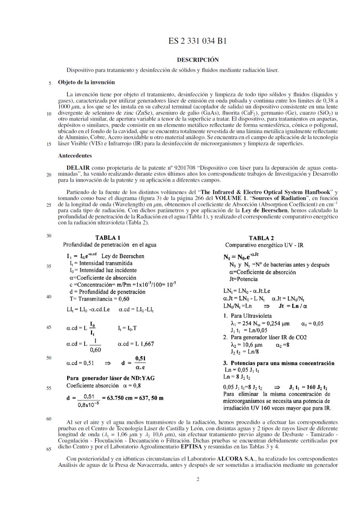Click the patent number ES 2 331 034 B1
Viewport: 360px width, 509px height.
[197, 41]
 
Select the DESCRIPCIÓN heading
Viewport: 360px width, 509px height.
[197, 60]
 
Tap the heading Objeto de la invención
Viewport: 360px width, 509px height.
[86, 82]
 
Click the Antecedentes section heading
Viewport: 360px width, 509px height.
[75, 155]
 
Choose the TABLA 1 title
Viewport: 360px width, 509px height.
[108, 238]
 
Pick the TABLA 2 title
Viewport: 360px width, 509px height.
[261, 238]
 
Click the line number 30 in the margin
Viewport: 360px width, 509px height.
[49, 236]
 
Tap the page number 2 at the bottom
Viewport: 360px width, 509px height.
[198, 479]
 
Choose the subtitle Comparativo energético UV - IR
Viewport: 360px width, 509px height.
[264, 245]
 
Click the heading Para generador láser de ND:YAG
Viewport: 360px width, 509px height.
[110, 378]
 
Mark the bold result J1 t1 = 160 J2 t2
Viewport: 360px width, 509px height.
[308, 387]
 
